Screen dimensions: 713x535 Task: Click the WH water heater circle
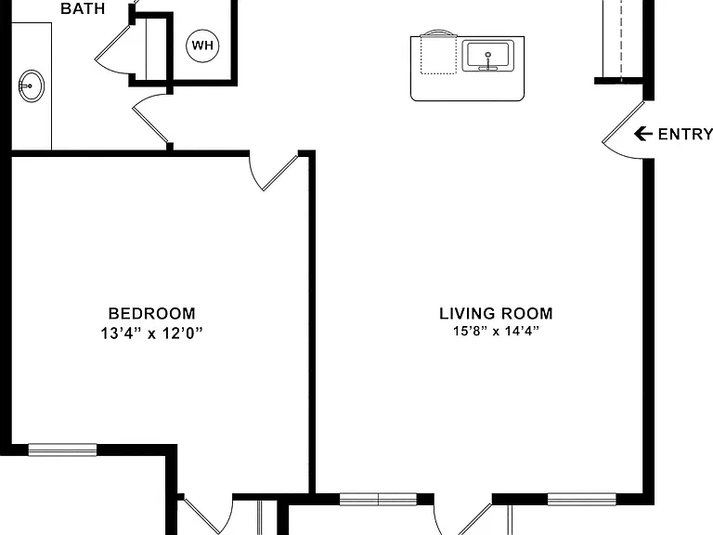(202, 46)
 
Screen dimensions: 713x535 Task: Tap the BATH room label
(83, 8)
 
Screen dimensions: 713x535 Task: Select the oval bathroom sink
(32, 85)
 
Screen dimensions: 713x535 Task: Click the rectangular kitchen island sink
(488, 56)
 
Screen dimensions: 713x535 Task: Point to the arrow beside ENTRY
(643, 134)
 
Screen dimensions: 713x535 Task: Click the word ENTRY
(685, 134)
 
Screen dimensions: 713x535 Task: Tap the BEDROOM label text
(152, 313)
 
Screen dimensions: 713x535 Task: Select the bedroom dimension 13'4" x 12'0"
(151, 333)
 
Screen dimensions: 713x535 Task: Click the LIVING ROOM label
(496, 313)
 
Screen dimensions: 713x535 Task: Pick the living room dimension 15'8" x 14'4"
(496, 331)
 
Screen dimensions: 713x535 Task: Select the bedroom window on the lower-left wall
(63, 450)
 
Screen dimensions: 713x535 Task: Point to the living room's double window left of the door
(379, 499)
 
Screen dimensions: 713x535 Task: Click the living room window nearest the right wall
(581, 499)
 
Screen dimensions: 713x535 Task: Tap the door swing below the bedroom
(208, 516)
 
